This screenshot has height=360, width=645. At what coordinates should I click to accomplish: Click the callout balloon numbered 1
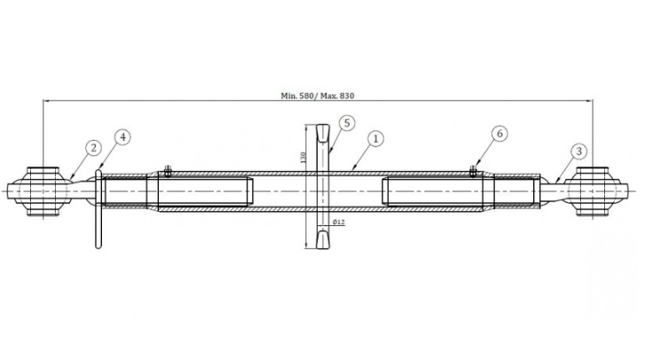[x=375, y=139]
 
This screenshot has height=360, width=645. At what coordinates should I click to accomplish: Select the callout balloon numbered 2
[x=93, y=147]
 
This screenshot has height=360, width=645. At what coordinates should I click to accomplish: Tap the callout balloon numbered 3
[x=578, y=152]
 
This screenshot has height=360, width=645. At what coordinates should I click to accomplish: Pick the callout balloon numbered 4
[x=122, y=137]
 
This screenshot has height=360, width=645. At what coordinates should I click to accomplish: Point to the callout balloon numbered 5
[x=347, y=123]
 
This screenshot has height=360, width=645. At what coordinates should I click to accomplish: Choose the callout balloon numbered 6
[x=499, y=134]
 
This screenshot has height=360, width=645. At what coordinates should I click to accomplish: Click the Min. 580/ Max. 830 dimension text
[x=317, y=96]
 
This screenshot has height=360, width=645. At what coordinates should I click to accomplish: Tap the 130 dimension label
[x=303, y=158]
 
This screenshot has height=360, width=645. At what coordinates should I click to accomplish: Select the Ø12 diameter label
[x=339, y=223]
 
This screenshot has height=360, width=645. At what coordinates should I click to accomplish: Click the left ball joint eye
[x=43, y=192]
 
